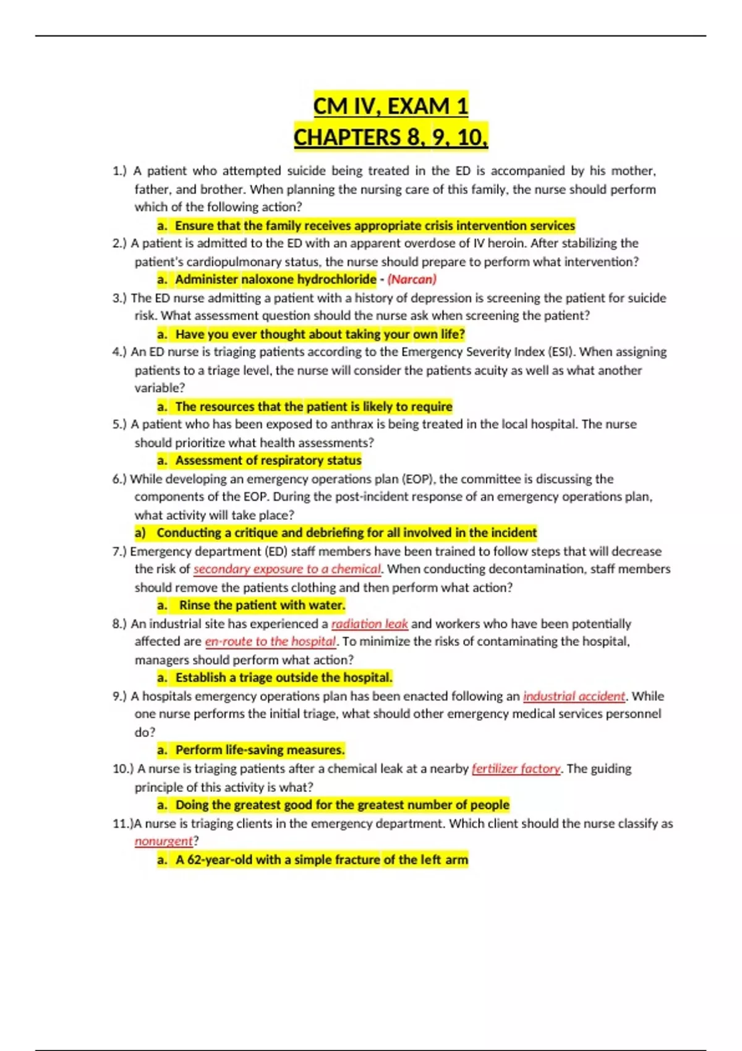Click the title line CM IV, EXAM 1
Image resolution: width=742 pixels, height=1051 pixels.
point(390,106)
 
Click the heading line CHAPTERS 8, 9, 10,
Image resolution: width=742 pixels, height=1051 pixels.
point(390,137)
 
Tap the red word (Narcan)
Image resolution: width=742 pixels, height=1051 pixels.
point(412,279)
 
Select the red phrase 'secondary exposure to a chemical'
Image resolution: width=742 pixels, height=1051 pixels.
point(287,569)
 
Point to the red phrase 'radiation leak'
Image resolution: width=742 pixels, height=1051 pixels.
point(369,624)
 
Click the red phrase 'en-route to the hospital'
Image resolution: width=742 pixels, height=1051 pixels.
point(270,642)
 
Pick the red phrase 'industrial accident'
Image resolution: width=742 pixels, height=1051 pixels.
point(574,696)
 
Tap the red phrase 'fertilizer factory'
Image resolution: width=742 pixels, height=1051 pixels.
point(516,768)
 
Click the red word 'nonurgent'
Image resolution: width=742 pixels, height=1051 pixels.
point(164,841)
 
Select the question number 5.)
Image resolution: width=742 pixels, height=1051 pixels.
point(119,425)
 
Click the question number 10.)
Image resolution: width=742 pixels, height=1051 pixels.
point(123,768)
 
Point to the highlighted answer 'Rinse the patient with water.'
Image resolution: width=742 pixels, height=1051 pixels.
point(262,605)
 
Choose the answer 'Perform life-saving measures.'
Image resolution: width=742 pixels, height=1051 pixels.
point(260,750)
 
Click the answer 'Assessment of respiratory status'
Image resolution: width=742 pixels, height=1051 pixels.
point(268,461)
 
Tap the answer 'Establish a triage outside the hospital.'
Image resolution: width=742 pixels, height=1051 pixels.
point(284,678)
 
